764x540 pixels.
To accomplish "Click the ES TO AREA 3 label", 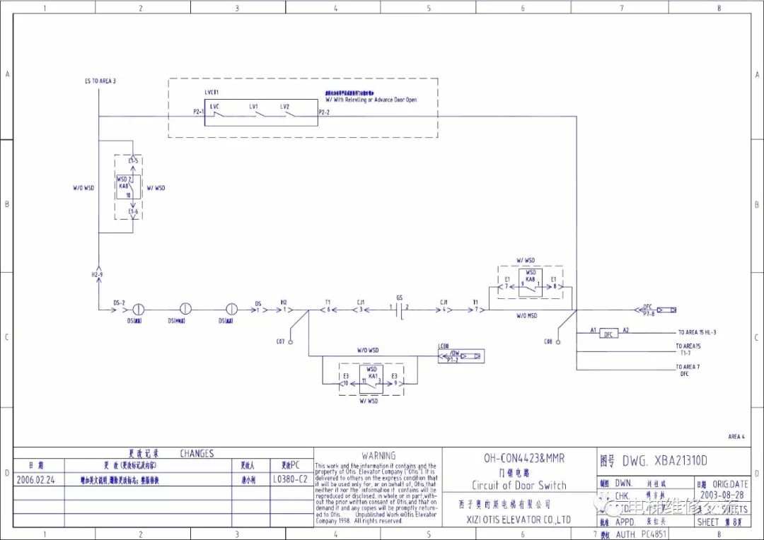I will [x=100, y=81].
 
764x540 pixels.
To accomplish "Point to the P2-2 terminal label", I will [x=325, y=112].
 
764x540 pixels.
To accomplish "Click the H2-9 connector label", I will [x=97, y=274].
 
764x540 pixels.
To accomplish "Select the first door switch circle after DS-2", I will [x=139, y=309].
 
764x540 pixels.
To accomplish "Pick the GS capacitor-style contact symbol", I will [x=400, y=309].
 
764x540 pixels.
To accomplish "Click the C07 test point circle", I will [x=290, y=342].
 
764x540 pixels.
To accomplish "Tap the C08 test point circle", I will [x=557, y=342].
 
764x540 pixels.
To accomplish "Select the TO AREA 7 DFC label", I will [x=687, y=370].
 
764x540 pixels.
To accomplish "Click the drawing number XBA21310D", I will [x=665, y=461].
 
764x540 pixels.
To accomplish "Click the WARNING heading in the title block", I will [x=378, y=456].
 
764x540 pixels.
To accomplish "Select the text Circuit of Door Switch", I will [x=519, y=485].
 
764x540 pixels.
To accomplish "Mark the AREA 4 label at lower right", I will [x=736, y=437].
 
